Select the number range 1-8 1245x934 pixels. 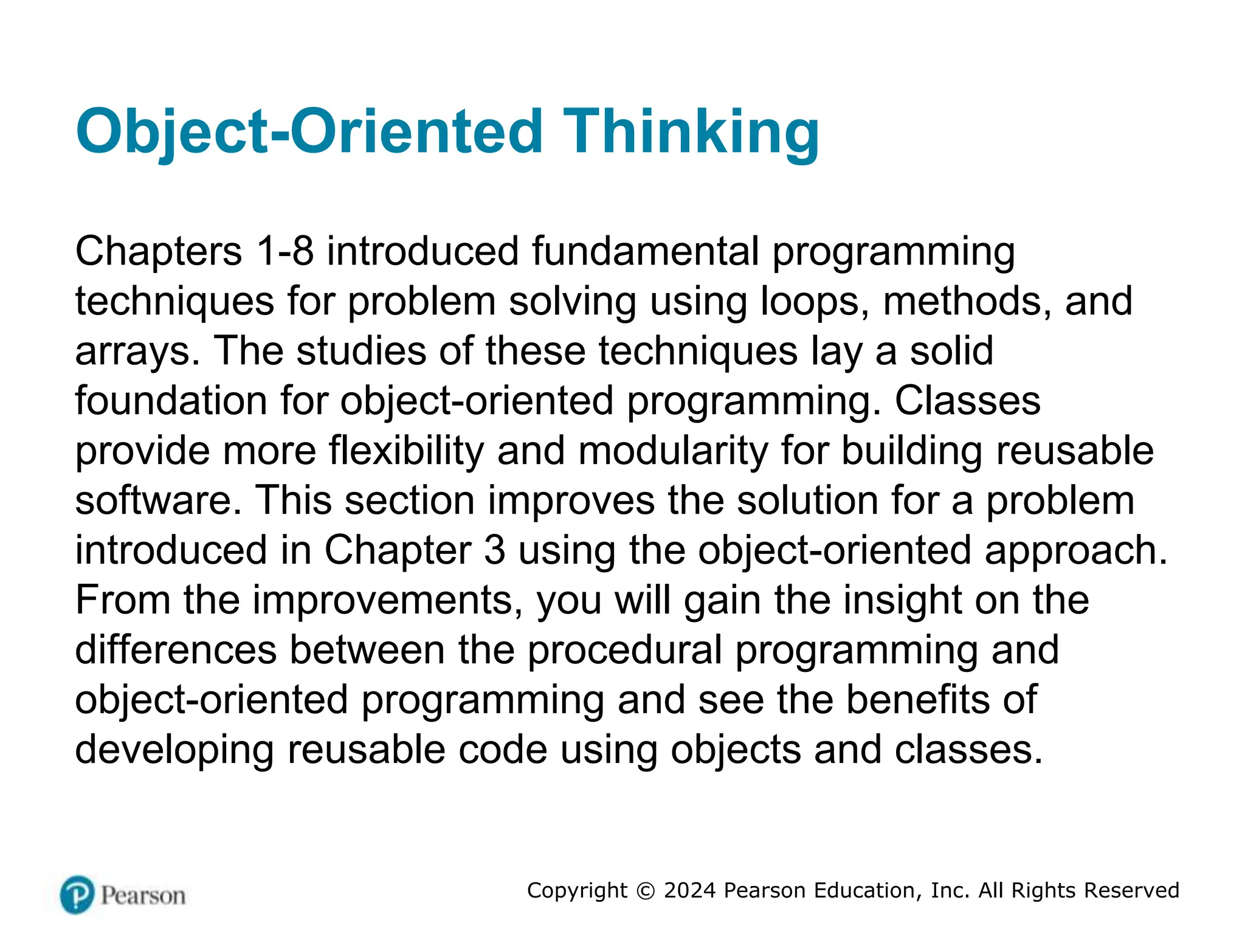pyautogui.click(x=285, y=251)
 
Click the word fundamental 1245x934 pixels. pyautogui.click(x=645, y=251)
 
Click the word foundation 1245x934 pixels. pyautogui.click(x=171, y=401)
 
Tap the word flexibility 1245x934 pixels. pyautogui.click(x=406, y=451)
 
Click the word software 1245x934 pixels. pyautogui.click(x=158, y=500)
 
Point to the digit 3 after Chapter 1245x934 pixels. pyautogui.click(x=494, y=550)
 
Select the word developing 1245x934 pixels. pyautogui.click(x=174, y=750)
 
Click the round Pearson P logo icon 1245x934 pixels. pyautogui.click(x=77, y=894)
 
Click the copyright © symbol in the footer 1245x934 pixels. pyautogui.click(x=646, y=891)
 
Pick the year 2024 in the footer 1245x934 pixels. pyautogui.click(x=690, y=891)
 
